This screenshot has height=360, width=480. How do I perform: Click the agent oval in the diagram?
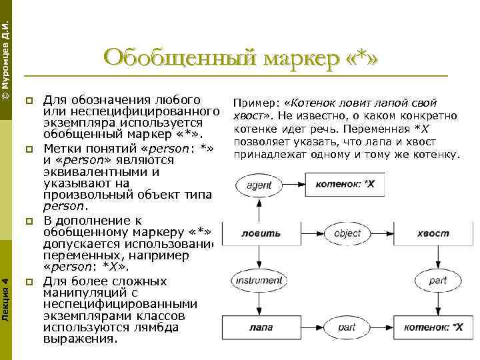pos(258,185)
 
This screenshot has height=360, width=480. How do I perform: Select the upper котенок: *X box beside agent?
pos(344,183)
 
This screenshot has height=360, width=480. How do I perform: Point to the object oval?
pos(347,233)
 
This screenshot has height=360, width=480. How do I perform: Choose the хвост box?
pos(433,233)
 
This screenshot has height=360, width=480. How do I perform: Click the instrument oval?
pos(258,281)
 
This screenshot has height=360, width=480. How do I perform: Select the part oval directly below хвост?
pos(437,281)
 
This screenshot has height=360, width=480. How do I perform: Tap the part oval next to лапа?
pos(346,327)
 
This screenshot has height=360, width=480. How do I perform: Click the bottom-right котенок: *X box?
pos(433,327)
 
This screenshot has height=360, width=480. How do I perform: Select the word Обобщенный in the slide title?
pos(179,58)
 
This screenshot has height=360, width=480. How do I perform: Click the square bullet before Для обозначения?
pos(29,101)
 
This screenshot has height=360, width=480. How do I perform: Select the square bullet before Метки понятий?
pos(29,149)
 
